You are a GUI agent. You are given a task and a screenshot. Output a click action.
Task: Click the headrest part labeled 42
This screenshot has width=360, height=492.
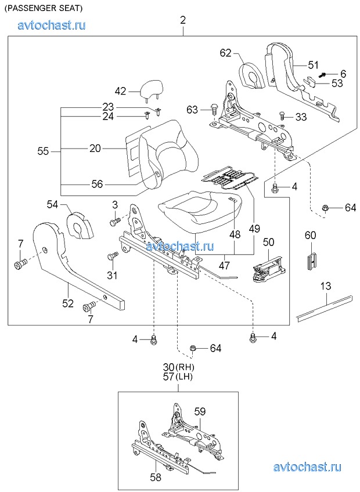point(152,89)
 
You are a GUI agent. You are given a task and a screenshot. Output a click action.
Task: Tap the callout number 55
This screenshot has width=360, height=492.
point(43,151)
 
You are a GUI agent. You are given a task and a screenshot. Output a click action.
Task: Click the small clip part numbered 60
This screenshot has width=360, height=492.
point(310,254)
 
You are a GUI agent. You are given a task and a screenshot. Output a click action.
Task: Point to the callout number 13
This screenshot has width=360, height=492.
point(326,286)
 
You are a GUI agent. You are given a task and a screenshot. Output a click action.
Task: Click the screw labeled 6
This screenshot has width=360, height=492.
point(323,75)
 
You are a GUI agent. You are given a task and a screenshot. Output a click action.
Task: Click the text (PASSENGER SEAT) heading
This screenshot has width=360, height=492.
point(43,9)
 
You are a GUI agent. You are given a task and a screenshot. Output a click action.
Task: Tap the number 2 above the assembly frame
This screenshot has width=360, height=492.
point(183,21)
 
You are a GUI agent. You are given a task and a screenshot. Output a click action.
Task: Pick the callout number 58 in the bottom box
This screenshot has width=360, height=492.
point(155,477)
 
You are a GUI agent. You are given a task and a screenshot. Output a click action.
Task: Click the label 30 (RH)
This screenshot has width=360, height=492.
point(178,367)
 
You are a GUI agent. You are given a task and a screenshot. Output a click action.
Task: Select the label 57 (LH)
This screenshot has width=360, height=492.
point(178,376)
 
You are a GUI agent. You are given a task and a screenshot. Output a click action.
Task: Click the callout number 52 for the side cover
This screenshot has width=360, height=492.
point(68,303)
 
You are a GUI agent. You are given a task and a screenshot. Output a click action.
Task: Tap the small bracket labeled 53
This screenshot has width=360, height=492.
point(309,82)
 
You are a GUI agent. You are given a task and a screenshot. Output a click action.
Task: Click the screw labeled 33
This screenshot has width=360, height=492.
point(283,115)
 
